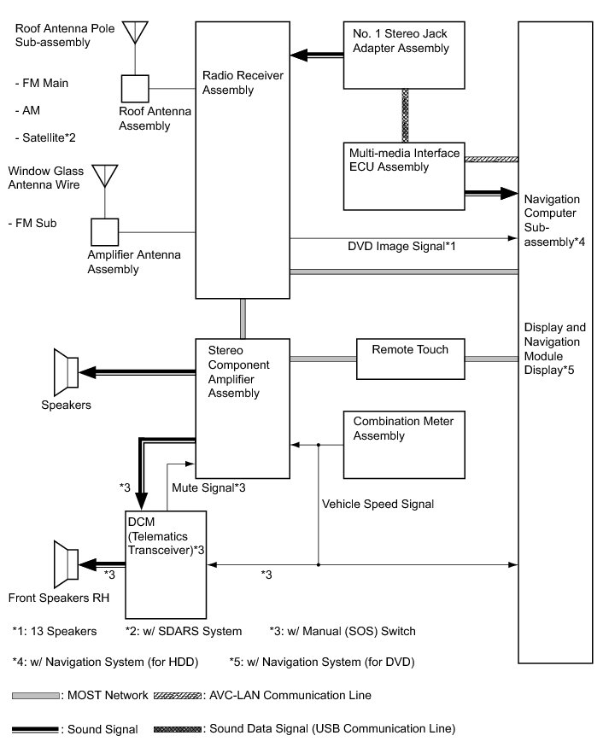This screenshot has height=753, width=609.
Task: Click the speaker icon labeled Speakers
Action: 66,372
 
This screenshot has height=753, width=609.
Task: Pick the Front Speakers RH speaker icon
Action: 66,564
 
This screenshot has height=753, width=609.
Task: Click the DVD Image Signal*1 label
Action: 401,247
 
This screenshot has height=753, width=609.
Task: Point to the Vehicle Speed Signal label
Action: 378,504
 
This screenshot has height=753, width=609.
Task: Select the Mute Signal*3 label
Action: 208,488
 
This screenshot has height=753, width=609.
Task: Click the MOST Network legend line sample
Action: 36,696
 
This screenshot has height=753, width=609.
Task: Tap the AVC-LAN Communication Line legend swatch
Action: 178,695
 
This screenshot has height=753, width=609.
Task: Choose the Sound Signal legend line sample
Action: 35,730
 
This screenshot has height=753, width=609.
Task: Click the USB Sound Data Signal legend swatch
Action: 178,729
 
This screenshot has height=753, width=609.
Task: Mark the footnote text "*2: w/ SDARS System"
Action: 184,632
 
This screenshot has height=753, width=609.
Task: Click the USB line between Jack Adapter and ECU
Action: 405,116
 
